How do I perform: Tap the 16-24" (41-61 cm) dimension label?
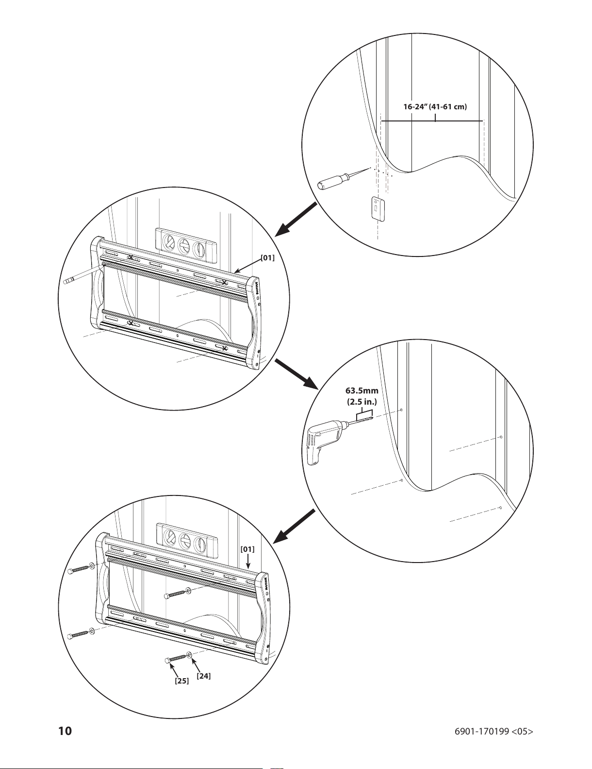[435, 106]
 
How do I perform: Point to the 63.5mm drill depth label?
[362, 391]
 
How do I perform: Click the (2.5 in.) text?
[362, 402]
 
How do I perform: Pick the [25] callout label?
[181, 681]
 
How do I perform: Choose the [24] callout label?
[204, 676]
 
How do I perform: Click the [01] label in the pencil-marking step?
[267, 257]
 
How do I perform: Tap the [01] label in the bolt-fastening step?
[247, 549]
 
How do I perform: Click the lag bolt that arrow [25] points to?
[176, 658]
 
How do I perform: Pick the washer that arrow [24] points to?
[189, 655]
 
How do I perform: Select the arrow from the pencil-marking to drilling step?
[296, 375]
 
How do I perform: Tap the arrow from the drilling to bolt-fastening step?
[295, 526]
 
